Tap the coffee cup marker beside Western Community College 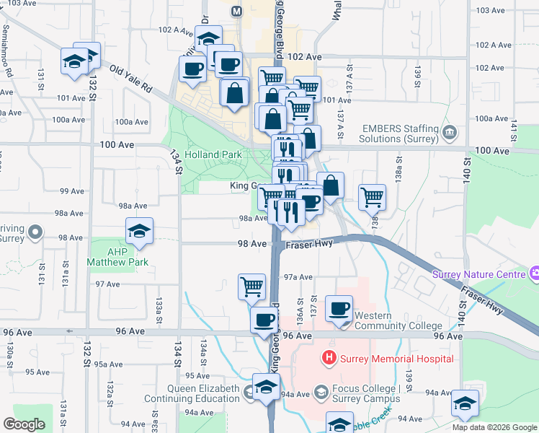point(339,310)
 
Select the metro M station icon point(236,12)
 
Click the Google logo point(24,424)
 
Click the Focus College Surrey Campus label point(365,393)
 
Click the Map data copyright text point(494,427)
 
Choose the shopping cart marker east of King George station point(372,197)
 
